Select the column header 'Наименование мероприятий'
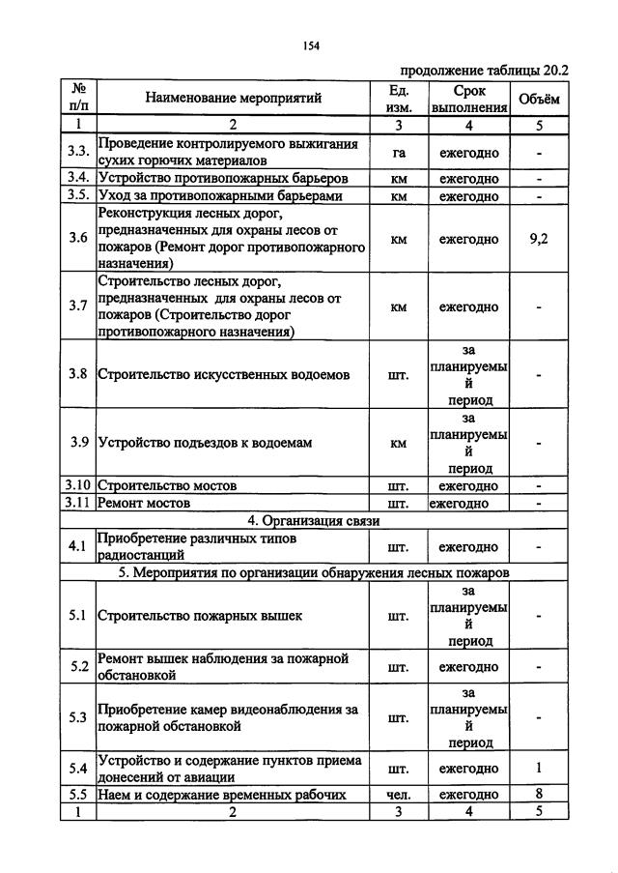(233, 97)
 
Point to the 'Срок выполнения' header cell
(468, 98)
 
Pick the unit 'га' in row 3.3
(398, 153)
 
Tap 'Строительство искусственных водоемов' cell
(224, 374)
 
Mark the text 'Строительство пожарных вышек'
(200, 614)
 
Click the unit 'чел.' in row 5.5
(398, 794)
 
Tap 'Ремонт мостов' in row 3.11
(144, 503)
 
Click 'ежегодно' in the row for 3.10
(468, 485)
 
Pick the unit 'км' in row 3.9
(398, 443)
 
